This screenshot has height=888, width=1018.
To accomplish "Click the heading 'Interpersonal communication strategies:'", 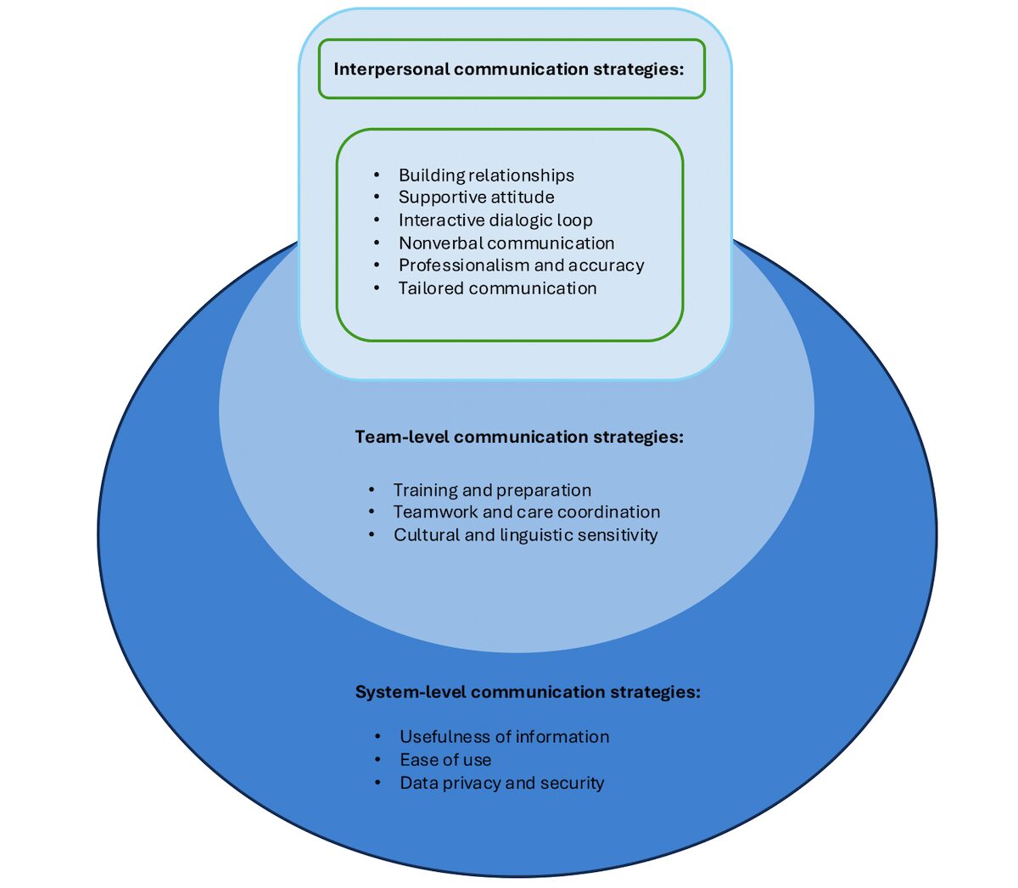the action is [508, 70].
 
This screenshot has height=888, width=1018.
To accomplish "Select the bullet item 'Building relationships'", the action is [486, 175].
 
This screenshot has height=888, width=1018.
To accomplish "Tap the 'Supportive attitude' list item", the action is [476, 197].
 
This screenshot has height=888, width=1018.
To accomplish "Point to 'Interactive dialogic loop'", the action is [495, 220].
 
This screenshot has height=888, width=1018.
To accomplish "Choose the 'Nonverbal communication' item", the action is [506, 243].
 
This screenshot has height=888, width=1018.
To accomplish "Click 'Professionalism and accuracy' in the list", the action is [522, 265].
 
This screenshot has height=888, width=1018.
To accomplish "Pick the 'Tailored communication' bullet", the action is [498, 288].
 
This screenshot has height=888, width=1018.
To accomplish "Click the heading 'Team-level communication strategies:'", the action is [519, 437].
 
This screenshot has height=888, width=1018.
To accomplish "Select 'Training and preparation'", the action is [493, 490].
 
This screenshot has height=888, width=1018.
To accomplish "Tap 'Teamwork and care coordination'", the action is [527, 512].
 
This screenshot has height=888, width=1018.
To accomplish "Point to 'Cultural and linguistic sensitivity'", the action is [526, 535].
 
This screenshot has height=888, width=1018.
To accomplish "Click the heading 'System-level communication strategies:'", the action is [528, 692].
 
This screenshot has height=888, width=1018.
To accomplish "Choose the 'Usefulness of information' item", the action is [505, 737].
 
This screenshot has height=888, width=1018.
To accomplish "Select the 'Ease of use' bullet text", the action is [446, 760].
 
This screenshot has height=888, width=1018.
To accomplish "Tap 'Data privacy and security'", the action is [502, 783].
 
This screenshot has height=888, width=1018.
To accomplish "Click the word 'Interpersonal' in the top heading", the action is [392, 70].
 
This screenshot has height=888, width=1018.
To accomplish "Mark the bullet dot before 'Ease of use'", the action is [378, 760].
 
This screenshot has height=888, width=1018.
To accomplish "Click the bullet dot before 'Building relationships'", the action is [377, 175].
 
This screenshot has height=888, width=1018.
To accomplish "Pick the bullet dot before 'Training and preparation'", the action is [372, 490].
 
